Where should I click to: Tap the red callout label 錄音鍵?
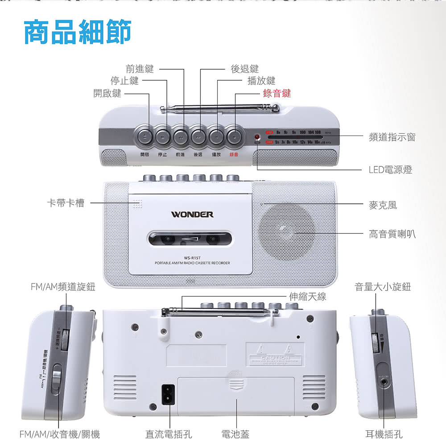pos(277,93)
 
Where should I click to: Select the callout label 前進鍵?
pos(140,69)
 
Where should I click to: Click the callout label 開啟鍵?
pos(107,93)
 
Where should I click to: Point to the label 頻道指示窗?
pos(392,137)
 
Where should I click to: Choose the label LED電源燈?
pos(390,169)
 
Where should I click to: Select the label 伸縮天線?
pos(307,296)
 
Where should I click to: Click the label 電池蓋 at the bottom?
pos(235,434)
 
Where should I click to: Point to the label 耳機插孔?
pos(384,434)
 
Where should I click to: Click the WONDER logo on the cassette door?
pos(192,215)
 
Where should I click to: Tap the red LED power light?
pos(257,137)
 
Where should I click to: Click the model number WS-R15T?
pos(192,257)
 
